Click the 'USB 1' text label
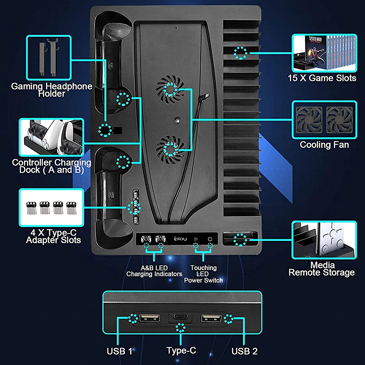pos(119,351)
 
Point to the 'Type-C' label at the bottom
pos(181,350)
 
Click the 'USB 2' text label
pos(245,351)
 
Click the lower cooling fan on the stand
pos(170,147)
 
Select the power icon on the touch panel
pos(210,239)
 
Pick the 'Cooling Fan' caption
pos(324,145)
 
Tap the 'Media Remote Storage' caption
pos(321,269)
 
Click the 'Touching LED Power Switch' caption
pos(203,274)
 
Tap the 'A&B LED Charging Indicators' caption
pos(154,271)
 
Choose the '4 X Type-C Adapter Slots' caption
pos(53,236)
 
